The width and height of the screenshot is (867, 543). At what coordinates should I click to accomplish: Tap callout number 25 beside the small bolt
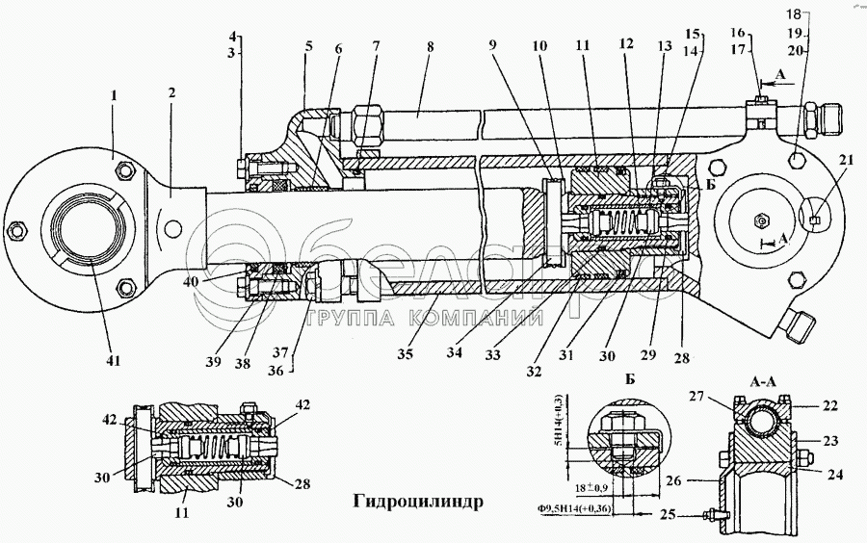pyautogui.click(x=667, y=515)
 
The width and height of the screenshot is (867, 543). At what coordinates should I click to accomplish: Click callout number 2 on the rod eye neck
pyautogui.click(x=171, y=94)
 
